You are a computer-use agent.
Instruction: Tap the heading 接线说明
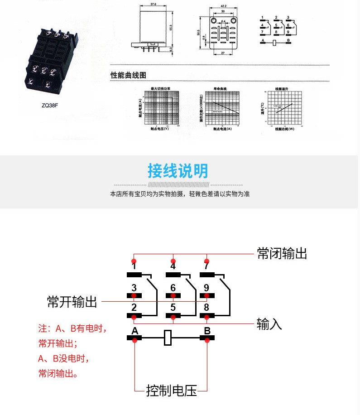pos(178,171)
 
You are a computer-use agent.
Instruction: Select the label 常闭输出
pos(282,253)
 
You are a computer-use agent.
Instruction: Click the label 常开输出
pos(72,302)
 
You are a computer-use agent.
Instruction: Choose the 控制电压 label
pos(171,391)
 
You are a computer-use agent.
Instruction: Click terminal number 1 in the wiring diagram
pos(134,267)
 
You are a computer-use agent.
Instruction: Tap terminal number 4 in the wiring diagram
pos(173,267)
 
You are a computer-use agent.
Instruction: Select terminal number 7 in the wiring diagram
pos(206,267)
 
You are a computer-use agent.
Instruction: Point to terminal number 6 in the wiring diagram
pos(173,288)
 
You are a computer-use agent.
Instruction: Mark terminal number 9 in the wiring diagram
pos(206,288)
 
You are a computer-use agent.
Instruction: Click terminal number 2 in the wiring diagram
pos(134,308)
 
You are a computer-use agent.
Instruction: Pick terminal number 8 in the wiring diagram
pos(206,308)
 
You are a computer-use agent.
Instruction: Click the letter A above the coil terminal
pos(134,331)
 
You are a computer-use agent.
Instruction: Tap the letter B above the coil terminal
pos(207,331)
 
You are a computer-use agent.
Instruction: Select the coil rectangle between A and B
pos(168,338)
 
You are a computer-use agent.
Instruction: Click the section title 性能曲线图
pos(129,75)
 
